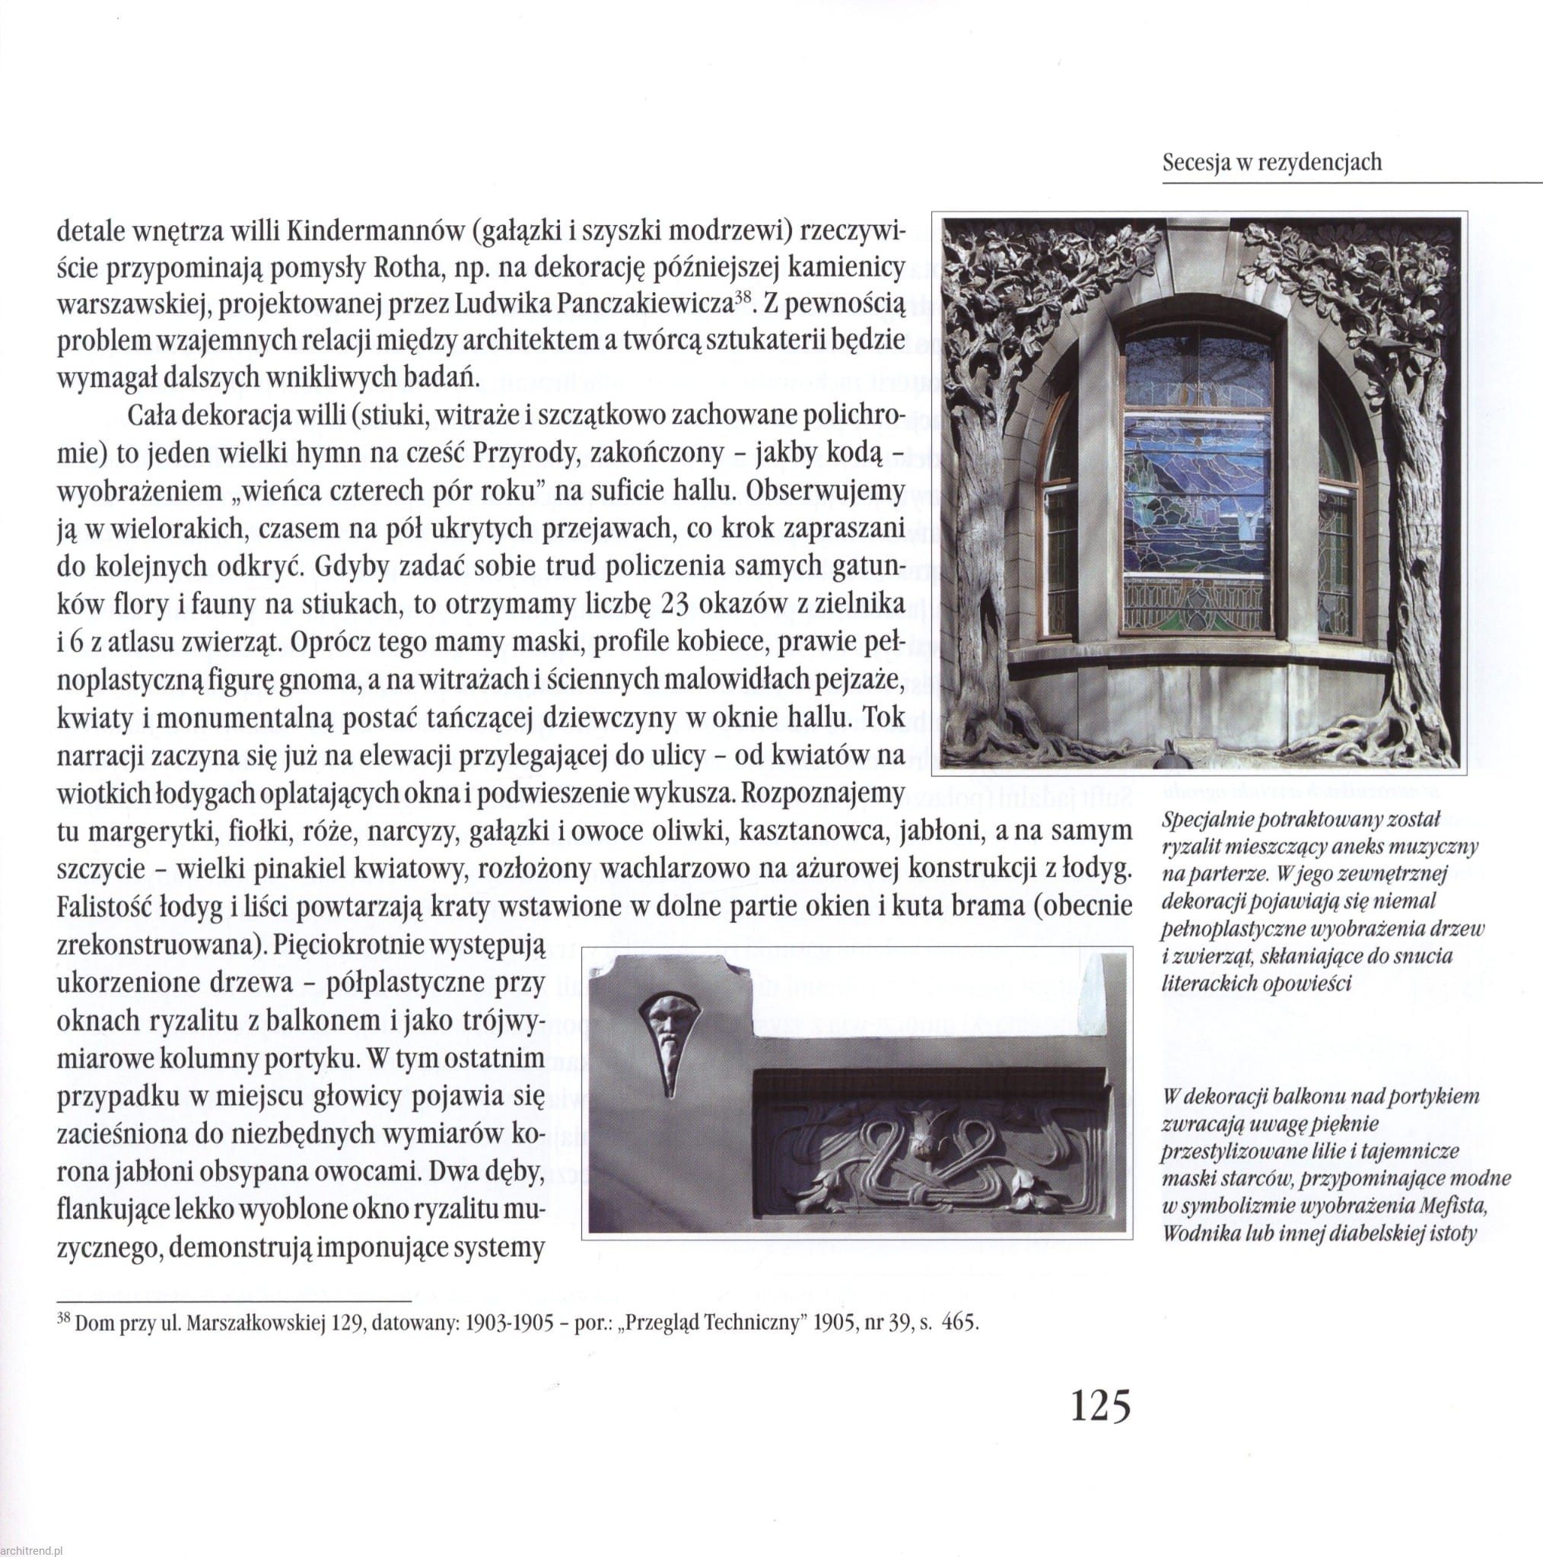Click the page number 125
tap(1100, 1428)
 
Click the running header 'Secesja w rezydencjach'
tap(1272, 163)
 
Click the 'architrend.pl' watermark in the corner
tap(32, 1549)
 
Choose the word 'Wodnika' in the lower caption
tap(1195, 1234)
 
